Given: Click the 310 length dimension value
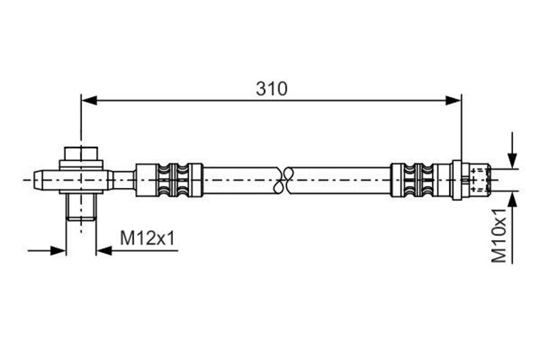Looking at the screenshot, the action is click(272, 89).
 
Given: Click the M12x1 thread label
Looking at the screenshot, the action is click(148, 238).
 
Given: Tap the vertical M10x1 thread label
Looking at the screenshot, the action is click(499, 235).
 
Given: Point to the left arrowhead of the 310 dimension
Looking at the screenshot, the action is click(89, 101).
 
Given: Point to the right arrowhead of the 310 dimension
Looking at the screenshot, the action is click(453, 101).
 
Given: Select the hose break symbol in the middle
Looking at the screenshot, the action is click(283, 180).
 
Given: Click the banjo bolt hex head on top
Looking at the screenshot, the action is click(81, 153).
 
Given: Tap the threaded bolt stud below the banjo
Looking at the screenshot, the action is click(81, 207).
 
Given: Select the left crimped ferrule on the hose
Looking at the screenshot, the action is click(170, 180).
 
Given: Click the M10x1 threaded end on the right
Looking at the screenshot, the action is click(480, 180).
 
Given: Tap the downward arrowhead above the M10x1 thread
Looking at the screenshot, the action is click(513, 161).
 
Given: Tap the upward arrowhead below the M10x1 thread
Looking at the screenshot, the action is click(513, 199).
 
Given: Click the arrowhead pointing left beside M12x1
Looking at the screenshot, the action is click(104, 250).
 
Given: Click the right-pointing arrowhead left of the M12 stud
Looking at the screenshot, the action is click(58, 250).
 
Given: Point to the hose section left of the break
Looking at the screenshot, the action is click(240, 180).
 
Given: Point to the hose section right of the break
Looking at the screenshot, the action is click(339, 180).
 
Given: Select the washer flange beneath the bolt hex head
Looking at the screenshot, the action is click(81, 165).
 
